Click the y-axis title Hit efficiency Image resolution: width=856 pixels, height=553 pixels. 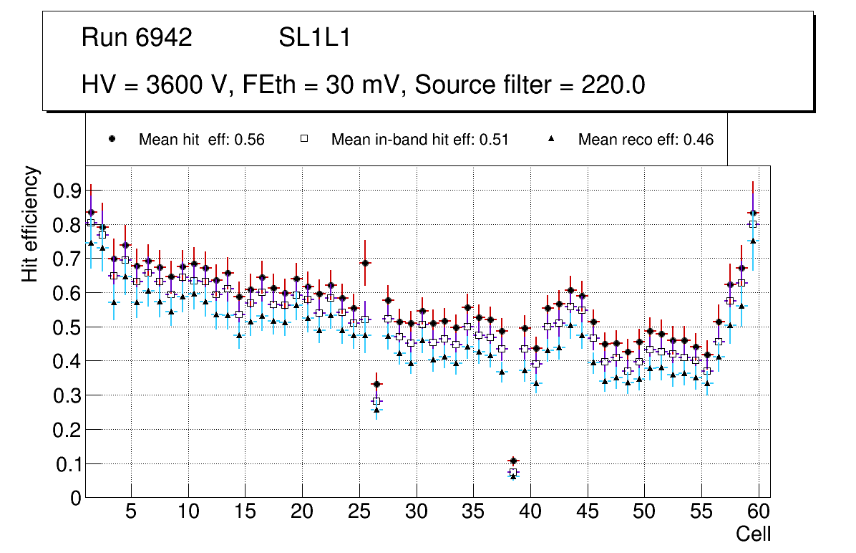(x=30, y=223)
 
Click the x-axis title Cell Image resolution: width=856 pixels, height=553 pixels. (x=753, y=534)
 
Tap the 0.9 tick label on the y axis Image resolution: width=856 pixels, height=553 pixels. (x=65, y=191)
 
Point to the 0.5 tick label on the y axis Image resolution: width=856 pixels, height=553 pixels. (x=65, y=327)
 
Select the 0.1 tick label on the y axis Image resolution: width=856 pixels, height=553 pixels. (x=65, y=464)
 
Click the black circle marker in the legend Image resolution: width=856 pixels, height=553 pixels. (x=112, y=139)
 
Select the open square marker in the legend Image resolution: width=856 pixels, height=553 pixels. (x=303, y=139)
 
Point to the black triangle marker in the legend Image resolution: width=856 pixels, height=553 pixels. (x=551, y=139)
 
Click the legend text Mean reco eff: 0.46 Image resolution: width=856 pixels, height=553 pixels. (x=646, y=140)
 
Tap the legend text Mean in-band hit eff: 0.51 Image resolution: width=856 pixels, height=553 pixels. (x=419, y=140)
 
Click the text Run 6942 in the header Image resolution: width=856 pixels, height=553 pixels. (x=137, y=38)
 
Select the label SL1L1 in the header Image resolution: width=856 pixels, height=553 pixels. (x=315, y=38)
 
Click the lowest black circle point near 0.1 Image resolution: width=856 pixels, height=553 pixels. (x=512, y=461)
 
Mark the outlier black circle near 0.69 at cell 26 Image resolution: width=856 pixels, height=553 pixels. (x=365, y=263)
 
